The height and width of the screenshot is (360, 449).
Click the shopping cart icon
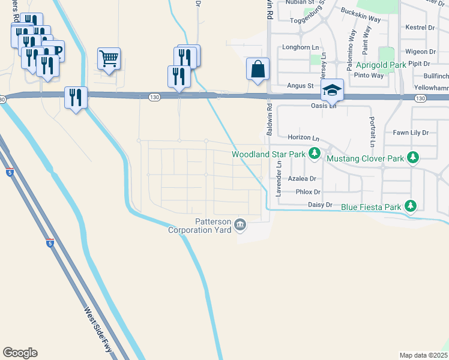click(109, 59)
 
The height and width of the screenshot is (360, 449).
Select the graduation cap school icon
click(332, 90)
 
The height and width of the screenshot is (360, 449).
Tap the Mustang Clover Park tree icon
click(412, 158)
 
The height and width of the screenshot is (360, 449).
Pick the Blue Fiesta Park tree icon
click(411, 206)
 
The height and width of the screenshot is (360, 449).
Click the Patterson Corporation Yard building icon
click(240, 225)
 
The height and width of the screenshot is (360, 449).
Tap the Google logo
click(20, 353)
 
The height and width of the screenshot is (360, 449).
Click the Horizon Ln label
click(302, 137)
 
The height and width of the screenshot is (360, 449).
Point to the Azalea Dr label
click(301, 179)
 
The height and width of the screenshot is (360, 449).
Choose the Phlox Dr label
click(309, 192)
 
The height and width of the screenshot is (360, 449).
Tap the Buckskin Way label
click(361, 15)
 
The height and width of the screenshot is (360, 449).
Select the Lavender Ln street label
click(279, 181)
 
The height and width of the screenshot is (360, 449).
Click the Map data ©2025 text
click(423, 355)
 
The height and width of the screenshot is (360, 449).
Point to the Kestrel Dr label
click(420, 28)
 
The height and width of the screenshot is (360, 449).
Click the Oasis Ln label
click(324, 106)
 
